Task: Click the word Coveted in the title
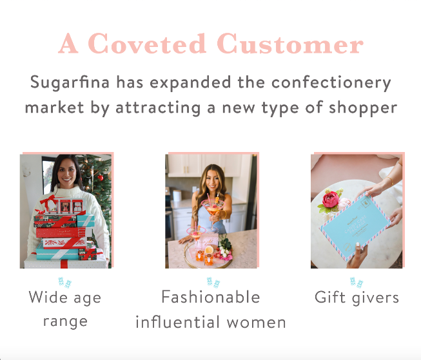(x=146, y=43)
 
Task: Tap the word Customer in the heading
(x=290, y=43)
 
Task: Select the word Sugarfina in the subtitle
(x=70, y=82)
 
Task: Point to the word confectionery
(x=331, y=82)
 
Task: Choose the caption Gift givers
(x=357, y=298)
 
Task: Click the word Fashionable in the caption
(x=211, y=297)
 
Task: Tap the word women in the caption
(x=256, y=323)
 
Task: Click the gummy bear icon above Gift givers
(x=357, y=282)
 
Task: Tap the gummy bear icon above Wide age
(x=64, y=283)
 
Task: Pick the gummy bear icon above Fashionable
(x=213, y=283)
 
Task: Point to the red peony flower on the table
(x=331, y=200)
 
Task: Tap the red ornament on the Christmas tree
(x=100, y=177)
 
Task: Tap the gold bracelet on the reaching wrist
(x=389, y=181)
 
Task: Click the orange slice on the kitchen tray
(x=209, y=250)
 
